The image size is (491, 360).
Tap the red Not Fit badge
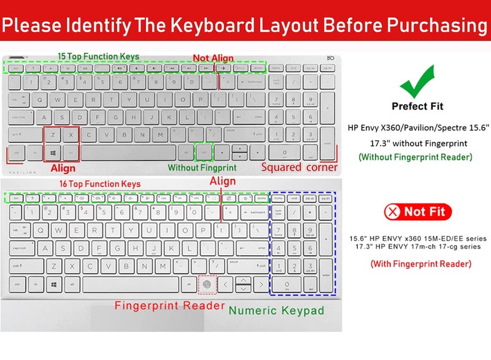click(417, 213)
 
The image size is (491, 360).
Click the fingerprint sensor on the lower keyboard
click(207, 285)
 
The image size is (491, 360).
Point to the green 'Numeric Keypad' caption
click(276, 310)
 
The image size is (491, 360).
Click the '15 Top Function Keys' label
click(98, 56)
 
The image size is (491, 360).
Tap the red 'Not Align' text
click(213, 58)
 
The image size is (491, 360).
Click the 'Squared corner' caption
click(299, 167)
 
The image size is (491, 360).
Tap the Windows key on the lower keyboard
click(54, 285)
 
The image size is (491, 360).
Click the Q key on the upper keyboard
click(40, 98)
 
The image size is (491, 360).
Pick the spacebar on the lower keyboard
click(138, 285)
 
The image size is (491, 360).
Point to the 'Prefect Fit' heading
click(417, 106)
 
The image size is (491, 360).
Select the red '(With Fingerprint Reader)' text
click(420, 264)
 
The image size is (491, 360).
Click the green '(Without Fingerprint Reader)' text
click(416, 157)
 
